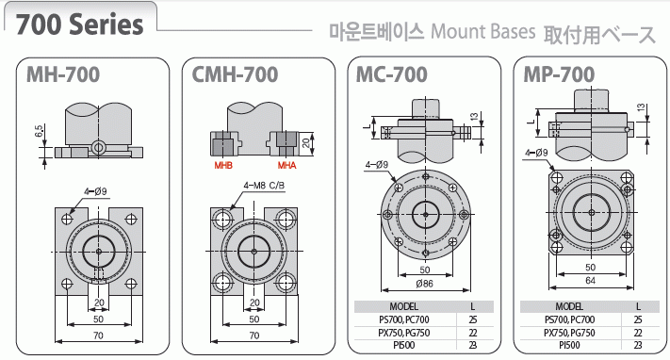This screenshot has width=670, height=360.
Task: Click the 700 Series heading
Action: pyautogui.click(x=79, y=25)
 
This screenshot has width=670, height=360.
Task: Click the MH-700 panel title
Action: pyautogui.click(x=63, y=74)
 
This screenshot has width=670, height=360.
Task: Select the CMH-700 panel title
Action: pyautogui.click(x=235, y=74)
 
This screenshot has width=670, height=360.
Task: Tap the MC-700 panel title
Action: pyautogui.click(x=391, y=74)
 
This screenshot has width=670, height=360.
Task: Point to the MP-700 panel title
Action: pyautogui.click(x=559, y=74)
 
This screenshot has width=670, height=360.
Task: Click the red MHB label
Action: pyautogui.click(x=223, y=165)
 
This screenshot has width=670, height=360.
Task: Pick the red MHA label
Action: pyautogui.click(x=286, y=165)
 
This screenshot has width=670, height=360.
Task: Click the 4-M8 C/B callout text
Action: pyautogui.click(x=264, y=186)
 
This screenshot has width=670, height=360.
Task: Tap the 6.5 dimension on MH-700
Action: pyautogui.click(x=39, y=131)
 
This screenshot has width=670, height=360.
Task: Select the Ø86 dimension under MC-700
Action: pyautogui.click(x=424, y=283)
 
